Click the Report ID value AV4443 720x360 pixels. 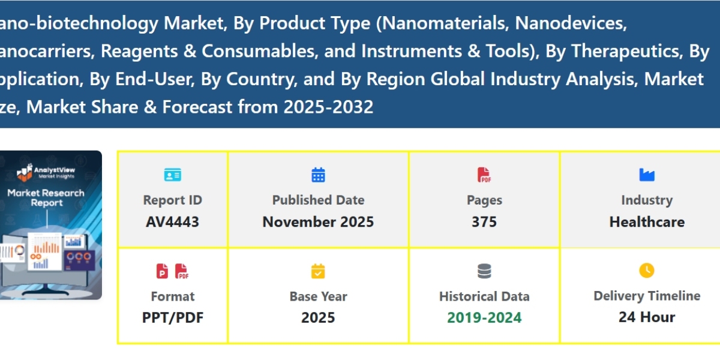point(172,222)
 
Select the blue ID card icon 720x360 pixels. point(172,175)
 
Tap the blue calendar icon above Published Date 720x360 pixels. point(318,175)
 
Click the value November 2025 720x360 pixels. point(318,222)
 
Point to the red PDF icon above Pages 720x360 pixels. point(484,175)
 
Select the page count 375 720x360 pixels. point(484,222)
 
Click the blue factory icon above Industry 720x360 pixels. point(647,175)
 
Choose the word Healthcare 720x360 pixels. point(647,222)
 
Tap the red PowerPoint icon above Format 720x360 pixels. point(163,271)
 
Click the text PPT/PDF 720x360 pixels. point(173,317)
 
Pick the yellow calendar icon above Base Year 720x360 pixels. point(318,271)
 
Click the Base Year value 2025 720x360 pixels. point(318,317)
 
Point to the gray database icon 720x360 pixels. point(484,271)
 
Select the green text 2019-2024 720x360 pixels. point(484,317)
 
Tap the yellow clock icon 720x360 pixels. point(647,271)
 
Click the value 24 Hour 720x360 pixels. point(647,317)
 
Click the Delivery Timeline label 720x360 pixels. point(647,296)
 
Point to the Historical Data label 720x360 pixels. point(484,296)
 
